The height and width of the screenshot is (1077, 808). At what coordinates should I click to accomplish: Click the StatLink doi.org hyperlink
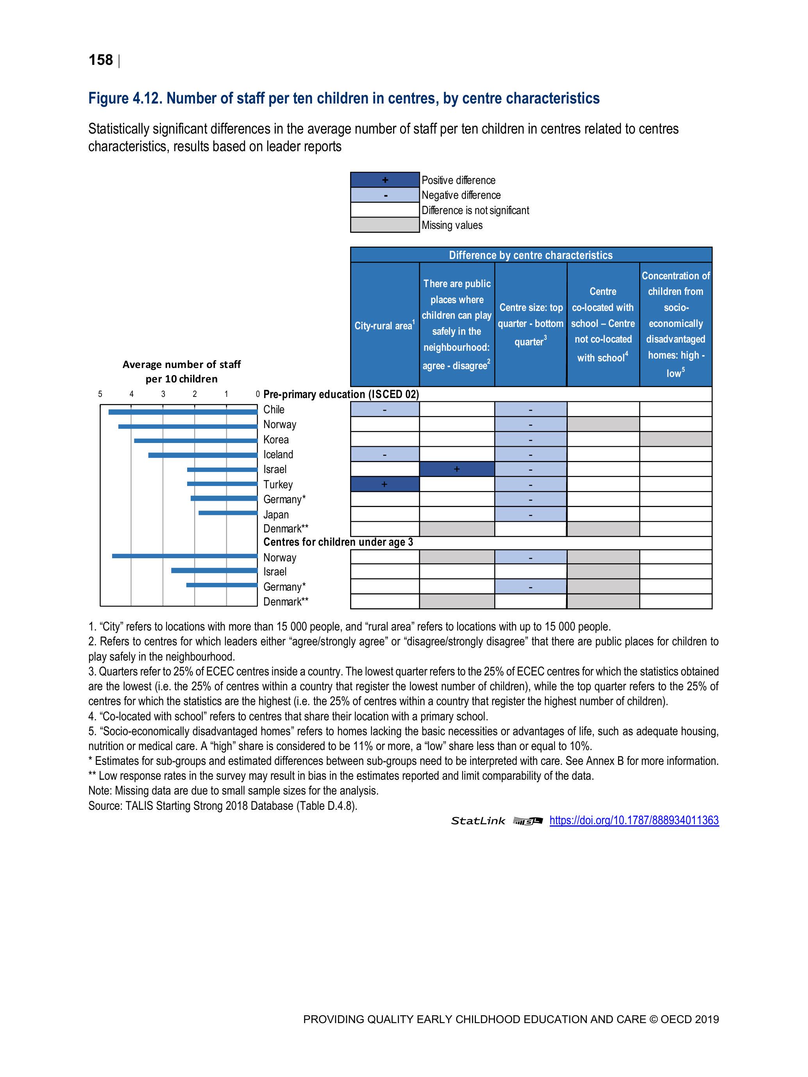[x=634, y=820]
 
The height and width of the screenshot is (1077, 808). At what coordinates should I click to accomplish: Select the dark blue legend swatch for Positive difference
[x=385, y=180]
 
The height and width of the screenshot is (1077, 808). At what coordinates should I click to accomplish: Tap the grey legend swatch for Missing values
[x=385, y=225]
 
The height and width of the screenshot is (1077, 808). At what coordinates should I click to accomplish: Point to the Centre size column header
[x=530, y=324]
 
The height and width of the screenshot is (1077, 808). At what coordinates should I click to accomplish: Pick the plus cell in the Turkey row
[x=385, y=484]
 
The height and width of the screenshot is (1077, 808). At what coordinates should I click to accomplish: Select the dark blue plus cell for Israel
[x=457, y=469]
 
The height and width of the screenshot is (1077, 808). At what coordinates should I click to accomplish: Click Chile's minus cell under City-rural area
[x=385, y=409]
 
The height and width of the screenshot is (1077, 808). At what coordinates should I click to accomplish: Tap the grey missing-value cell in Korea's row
[x=676, y=439]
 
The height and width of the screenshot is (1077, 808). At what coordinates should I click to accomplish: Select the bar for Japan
[x=228, y=513]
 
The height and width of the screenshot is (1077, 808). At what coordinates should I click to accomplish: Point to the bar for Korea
[x=196, y=441]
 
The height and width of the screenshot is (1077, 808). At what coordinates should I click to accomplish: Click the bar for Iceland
[x=203, y=455]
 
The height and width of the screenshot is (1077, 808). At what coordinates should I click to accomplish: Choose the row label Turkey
[x=278, y=484]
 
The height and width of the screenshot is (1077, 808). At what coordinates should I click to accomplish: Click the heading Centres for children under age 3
[x=338, y=542]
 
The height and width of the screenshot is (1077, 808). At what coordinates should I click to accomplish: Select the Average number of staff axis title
[x=182, y=372]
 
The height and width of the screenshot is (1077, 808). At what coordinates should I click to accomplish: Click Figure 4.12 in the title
[x=124, y=98]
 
